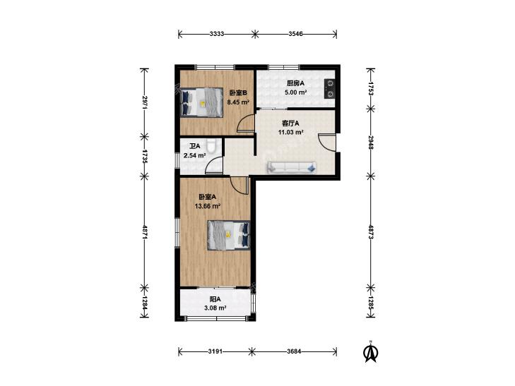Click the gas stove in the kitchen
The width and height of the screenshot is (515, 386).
[329, 89]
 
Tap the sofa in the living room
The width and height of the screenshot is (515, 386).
[292, 167]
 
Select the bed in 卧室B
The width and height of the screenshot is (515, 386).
[201, 102]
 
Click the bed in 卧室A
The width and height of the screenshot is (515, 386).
[229, 235]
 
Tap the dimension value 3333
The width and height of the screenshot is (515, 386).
[217, 34]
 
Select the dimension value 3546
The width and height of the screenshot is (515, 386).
[295, 34]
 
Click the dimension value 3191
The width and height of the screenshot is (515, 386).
[215, 351]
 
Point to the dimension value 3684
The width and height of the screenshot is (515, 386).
[294, 351]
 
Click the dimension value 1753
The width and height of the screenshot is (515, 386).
[371, 88]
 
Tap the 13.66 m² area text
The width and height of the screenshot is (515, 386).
[207, 206]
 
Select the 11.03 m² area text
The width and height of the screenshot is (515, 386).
[290, 133]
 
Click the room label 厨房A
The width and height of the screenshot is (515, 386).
[295, 83]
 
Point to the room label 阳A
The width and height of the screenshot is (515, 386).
[215, 299]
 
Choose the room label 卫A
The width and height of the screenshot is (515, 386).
[194, 146]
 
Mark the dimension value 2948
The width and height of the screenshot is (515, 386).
[371, 143]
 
